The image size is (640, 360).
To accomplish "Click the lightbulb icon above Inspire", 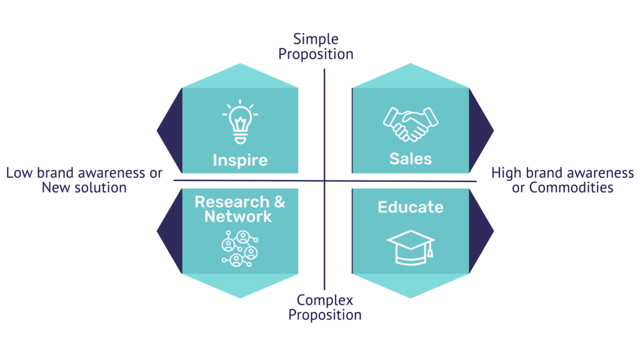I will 239,122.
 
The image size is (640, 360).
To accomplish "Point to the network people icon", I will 239,248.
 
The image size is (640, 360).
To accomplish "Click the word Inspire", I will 239,159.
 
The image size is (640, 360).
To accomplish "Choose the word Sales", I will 410,158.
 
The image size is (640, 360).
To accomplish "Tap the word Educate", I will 410,207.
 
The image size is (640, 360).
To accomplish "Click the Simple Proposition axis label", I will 316,47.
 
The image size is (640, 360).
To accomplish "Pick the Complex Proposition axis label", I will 324,307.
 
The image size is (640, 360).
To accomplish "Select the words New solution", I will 84,187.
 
